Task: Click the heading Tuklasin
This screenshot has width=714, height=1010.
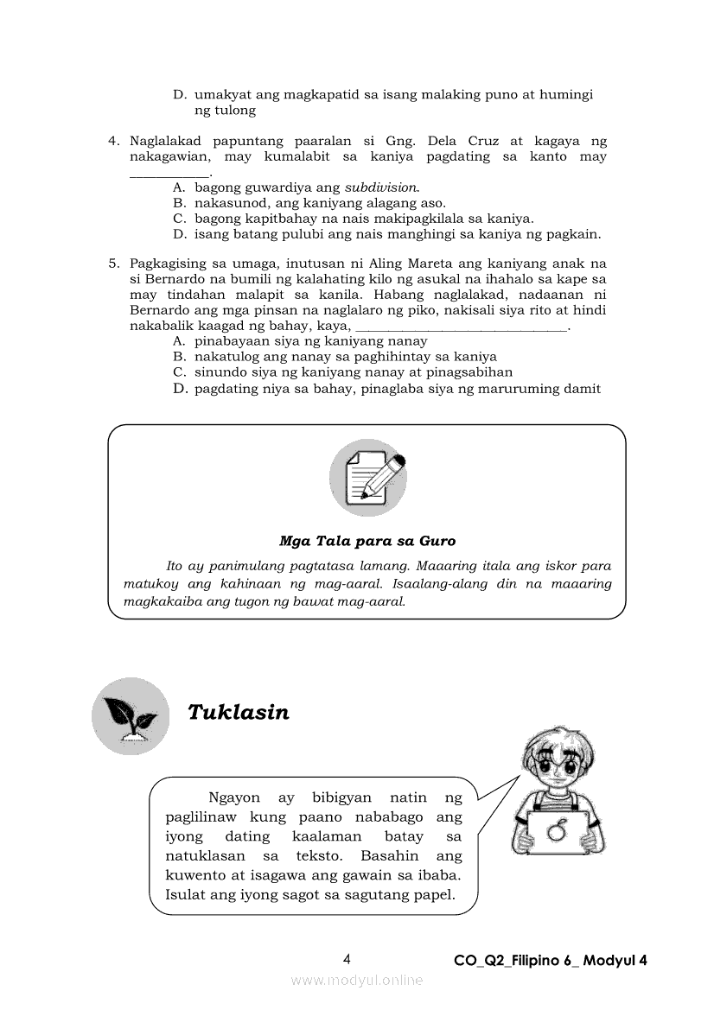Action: (239, 713)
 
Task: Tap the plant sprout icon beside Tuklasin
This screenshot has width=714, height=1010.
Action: (131, 716)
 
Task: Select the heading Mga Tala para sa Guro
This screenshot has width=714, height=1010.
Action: (367, 541)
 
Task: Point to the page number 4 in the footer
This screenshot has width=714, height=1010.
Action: (347, 959)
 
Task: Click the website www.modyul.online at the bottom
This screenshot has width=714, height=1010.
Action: (357, 980)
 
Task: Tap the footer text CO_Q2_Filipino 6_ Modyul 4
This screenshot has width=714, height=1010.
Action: (551, 961)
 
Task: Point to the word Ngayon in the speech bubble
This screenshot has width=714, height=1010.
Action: (234, 797)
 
